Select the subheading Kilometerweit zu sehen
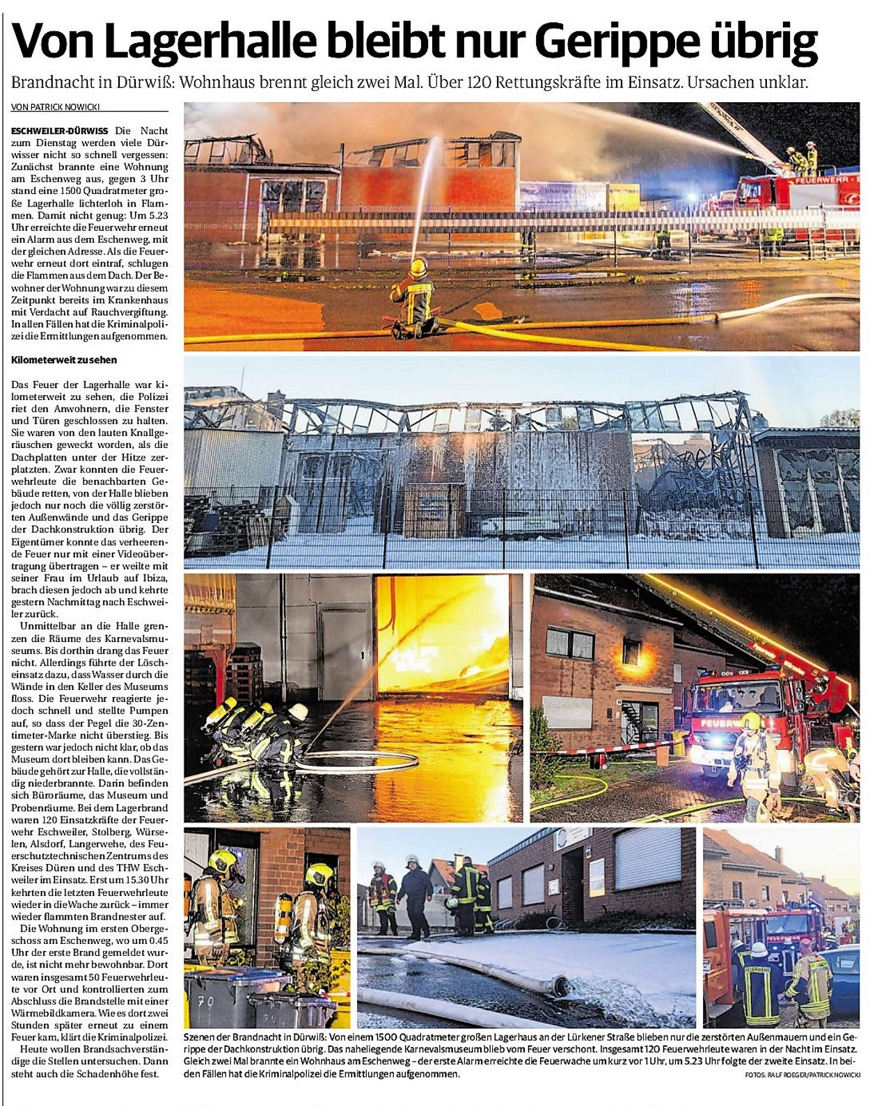64,360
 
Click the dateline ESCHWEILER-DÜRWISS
60,131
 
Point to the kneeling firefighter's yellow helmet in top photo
418,266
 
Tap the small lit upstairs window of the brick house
631,651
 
